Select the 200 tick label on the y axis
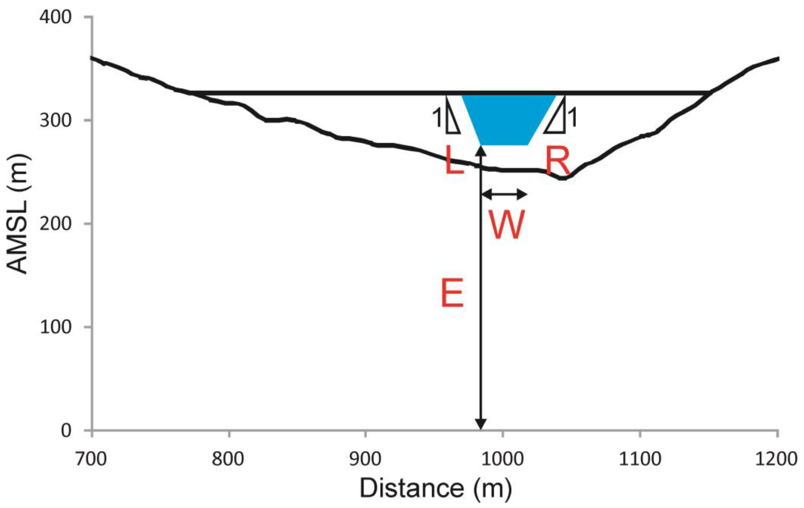[55, 223]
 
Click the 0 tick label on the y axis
[66, 431]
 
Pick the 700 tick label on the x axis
[91, 459]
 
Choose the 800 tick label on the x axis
[229, 459]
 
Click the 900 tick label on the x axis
[366, 459]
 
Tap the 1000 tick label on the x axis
[503, 459]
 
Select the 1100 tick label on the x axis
[640, 459]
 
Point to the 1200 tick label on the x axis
[777, 459]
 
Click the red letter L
[454, 162]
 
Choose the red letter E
[452, 293]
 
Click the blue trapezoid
[506, 119]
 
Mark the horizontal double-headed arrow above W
[504, 194]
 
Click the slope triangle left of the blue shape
[451, 119]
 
